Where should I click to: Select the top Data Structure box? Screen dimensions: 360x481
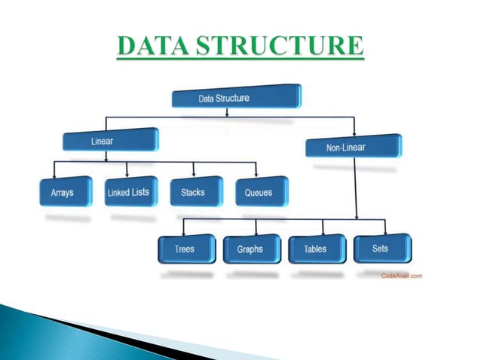click(x=236, y=97)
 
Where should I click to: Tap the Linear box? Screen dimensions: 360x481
click(x=110, y=141)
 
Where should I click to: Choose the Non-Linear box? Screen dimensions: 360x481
click(x=354, y=145)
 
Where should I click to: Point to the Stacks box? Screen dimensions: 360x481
click(x=195, y=192)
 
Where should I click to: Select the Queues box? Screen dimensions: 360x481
click(x=260, y=192)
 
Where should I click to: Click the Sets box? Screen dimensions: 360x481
click(x=381, y=248)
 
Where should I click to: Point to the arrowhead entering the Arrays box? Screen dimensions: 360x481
click(x=54, y=173)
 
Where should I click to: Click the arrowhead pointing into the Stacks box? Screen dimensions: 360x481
click(x=194, y=173)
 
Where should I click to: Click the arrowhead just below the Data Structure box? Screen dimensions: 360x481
click(x=227, y=114)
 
